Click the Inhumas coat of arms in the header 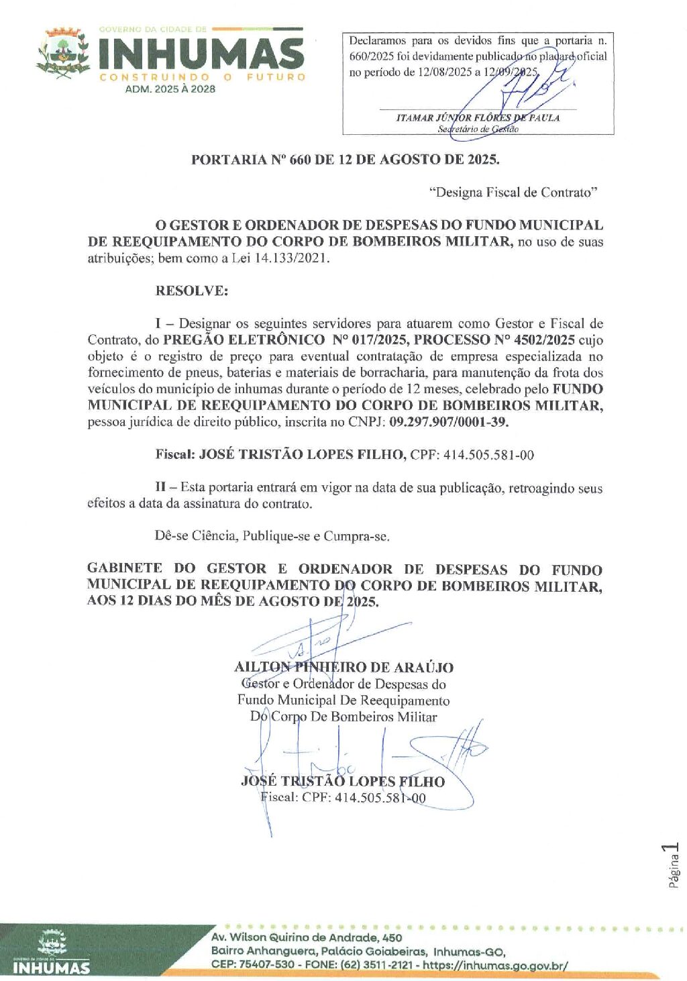point(63,52)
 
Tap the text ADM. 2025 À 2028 point(170,89)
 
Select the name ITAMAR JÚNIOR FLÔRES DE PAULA point(478,117)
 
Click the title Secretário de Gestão point(478,129)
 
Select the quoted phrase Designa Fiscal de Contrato point(513,193)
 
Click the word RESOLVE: point(191,291)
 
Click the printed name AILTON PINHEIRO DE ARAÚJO point(343,668)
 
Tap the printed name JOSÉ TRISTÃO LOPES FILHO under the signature point(342,782)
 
